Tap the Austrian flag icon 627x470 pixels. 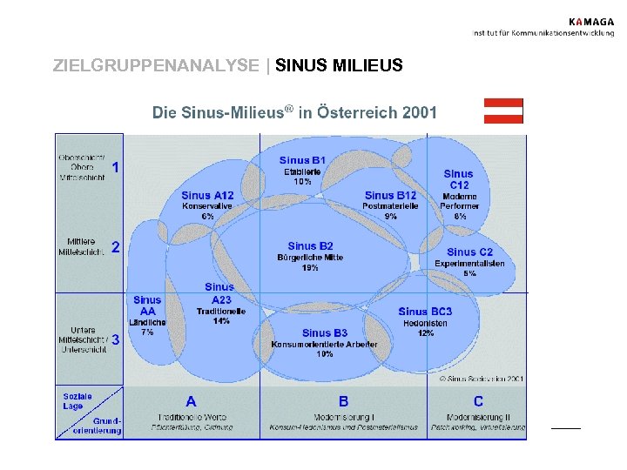503,111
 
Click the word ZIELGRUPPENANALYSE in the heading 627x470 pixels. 156,65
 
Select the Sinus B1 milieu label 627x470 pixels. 302,160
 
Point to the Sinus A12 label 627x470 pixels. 207,196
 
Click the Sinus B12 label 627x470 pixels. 390,196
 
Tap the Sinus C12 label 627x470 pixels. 459,179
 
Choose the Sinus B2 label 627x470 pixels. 310,246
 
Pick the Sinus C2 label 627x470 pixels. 469,252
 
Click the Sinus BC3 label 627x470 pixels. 425,312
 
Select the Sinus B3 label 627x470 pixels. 324,332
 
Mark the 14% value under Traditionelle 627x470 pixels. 221,321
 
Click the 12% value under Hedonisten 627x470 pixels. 425,333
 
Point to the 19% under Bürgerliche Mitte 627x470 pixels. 310,268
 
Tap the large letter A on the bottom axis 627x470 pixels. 191,401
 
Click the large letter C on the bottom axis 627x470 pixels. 478,401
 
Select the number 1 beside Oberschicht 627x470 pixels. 116,166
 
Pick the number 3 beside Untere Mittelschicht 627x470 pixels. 115,339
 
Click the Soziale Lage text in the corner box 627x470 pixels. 77,401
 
